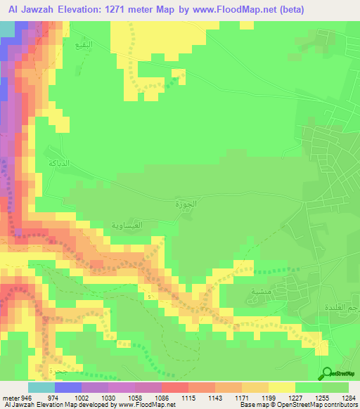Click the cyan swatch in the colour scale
click(x=41, y=387)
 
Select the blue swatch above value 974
click(x=68, y=387)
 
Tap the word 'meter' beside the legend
click(x=11, y=397)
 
